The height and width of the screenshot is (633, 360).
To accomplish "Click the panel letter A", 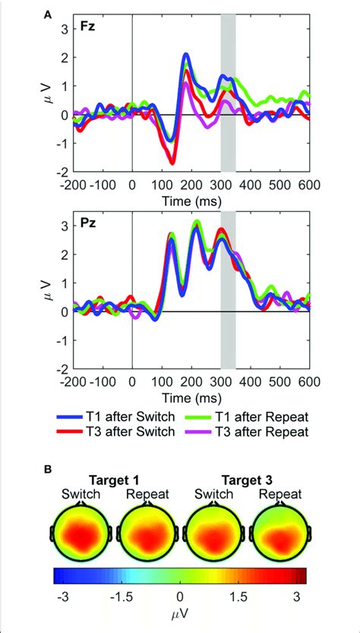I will tap(49, 13).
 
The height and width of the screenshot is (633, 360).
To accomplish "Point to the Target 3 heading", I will tap(246, 480).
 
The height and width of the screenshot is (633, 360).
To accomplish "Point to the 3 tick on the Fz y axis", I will tap(65, 28).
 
